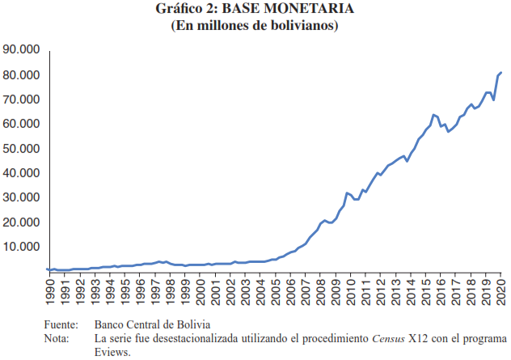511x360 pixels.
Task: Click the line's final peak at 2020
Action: (501, 73)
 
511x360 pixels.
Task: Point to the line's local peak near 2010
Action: (347, 193)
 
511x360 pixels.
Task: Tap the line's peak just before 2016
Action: (433, 115)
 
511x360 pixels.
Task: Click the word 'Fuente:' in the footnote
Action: (63, 324)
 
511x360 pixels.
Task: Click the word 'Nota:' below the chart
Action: (58, 337)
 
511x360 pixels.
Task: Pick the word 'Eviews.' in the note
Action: (112, 351)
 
